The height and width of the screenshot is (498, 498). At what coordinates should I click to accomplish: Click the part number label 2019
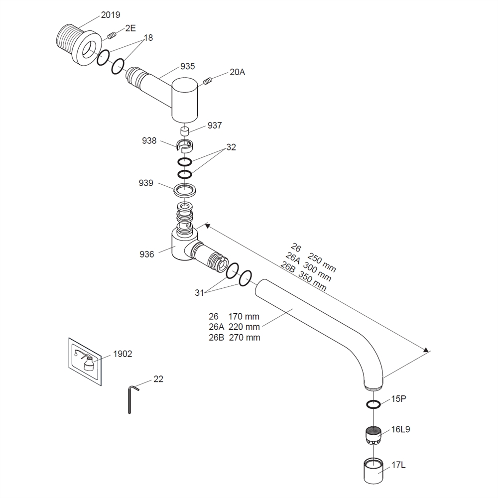tap(111, 15)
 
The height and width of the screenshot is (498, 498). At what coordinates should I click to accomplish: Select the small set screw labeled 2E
tap(111, 35)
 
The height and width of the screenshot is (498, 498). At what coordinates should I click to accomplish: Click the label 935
tap(188, 66)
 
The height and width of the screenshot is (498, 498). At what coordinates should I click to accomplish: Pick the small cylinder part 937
tap(185, 131)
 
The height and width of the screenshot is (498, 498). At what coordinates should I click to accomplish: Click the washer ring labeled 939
tap(184, 190)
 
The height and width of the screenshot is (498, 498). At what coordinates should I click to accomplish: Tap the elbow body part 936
tap(180, 244)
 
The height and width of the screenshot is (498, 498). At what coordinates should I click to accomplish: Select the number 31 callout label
tap(199, 293)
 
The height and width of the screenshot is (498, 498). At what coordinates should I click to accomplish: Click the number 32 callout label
tap(231, 147)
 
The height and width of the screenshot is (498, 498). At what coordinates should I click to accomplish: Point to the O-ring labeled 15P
tap(374, 404)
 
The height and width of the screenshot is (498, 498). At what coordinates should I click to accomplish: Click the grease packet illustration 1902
tap(87, 360)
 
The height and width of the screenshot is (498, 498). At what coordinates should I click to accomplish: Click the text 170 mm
tap(244, 316)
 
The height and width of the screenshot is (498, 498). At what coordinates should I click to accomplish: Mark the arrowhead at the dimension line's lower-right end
tap(426, 351)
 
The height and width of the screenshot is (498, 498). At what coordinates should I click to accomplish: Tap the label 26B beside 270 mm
tap(218, 338)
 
